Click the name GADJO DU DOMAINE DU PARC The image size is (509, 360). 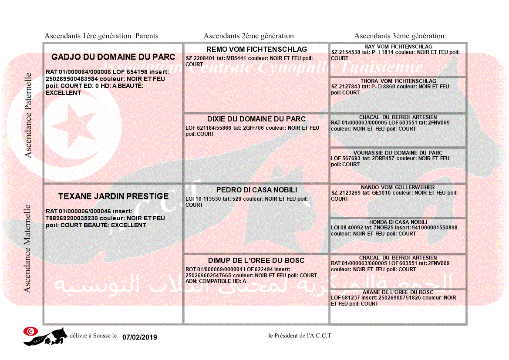pos(113,57)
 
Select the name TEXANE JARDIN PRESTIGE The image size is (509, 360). pos(113,196)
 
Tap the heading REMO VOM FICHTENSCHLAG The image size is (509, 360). pos(256,49)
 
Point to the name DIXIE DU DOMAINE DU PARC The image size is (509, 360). pos(256,119)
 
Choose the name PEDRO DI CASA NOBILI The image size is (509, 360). pos(256,190)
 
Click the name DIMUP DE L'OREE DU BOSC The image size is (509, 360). pos(256,261)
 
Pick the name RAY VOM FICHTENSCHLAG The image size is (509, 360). pos(398,47)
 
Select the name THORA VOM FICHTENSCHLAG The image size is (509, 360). pos(398,81)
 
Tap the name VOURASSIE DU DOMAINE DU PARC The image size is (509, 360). pos(398,153)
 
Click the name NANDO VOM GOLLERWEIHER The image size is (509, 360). pos(398,187)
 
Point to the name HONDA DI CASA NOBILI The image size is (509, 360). pos(398,222)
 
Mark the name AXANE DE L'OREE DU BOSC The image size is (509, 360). pos(398,292)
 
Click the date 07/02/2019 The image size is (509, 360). pos(140,337)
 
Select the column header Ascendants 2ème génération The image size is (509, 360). pos(249,36)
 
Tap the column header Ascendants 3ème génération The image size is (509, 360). pos(399,36)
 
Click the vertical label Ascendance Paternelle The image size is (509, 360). pos(29,115)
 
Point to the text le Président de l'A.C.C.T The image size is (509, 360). pos(300,336)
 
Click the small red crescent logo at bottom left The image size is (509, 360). pos(30,331)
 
